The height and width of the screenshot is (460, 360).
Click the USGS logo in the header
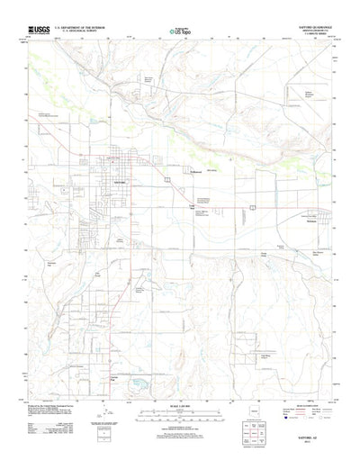tap(40, 30)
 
